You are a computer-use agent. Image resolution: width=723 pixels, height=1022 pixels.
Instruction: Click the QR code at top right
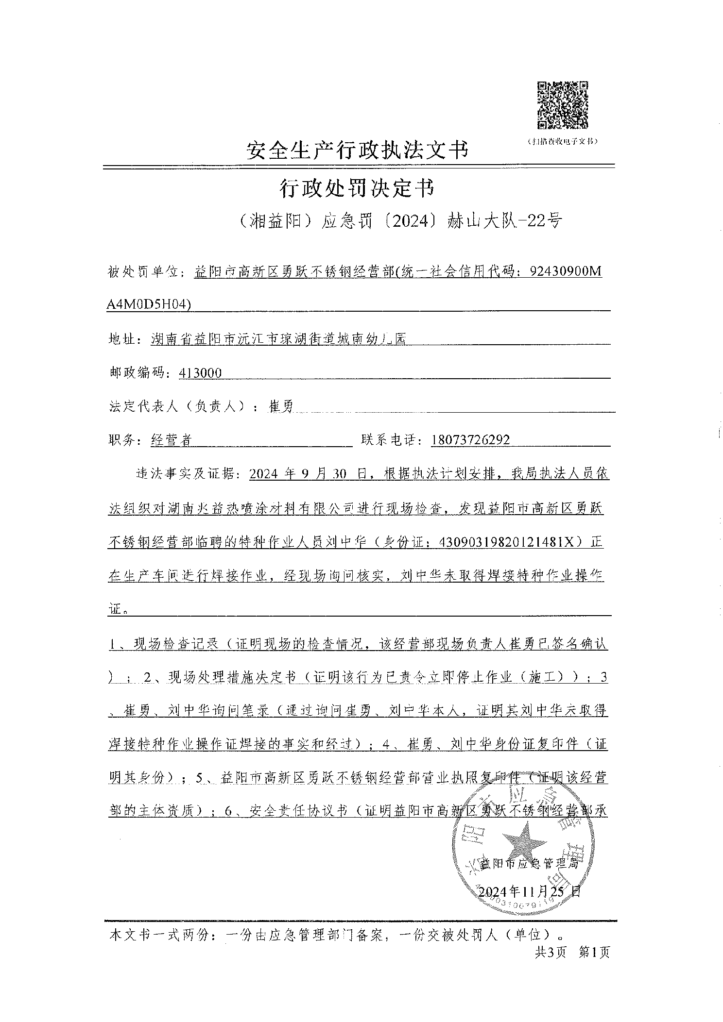563,105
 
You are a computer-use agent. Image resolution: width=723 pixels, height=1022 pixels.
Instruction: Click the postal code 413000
200,373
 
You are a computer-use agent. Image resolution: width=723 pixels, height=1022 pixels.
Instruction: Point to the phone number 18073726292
470,440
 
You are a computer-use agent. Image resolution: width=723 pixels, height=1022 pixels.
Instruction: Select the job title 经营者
172,440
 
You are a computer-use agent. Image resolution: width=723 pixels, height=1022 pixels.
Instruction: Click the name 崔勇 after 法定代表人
281,406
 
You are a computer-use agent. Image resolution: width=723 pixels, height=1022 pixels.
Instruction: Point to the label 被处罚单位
144,272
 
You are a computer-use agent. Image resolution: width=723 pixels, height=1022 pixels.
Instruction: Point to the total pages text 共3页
551,953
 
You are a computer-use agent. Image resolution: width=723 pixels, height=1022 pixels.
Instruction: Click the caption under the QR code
562,141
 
